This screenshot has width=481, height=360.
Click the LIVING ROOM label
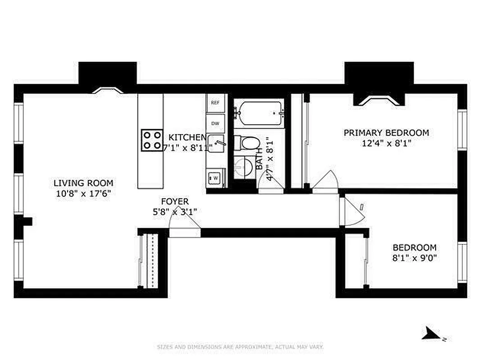point(83,183)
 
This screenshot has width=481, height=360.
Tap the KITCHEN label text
point(187,137)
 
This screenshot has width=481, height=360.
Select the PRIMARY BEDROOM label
point(386,133)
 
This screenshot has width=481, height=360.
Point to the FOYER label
point(175,202)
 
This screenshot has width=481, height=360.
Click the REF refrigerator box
point(215,103)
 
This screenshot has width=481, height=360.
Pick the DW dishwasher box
point(215,123)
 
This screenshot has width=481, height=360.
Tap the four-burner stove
point(152,140)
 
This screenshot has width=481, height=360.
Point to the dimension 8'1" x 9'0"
point(414,258)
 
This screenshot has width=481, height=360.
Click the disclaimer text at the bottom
point(240,347)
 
